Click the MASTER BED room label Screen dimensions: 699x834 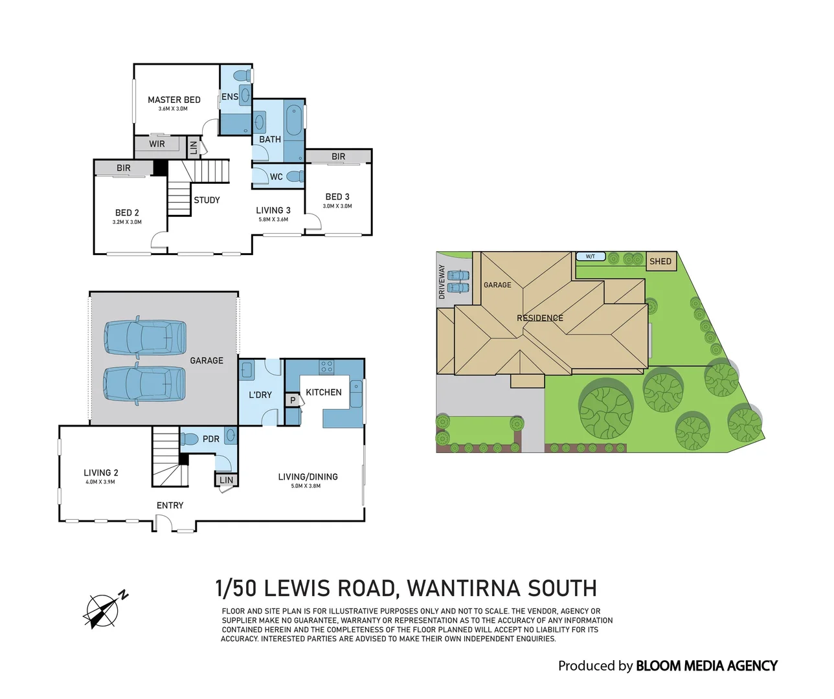click(x=174, y=100)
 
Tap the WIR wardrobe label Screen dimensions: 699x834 click(x=157, y=144)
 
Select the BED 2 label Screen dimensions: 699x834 click(x=127, y=212)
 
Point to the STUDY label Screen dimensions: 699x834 click(x=207, y=200)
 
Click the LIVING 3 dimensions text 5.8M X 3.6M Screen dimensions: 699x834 click(x=273, y=219)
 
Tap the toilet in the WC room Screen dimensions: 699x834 click(x=295, y=176)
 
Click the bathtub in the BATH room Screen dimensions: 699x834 click(x=294, y=120)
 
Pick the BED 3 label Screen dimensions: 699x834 click(x=337, y=197)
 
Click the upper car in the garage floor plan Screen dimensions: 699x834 click(x=145, y=337)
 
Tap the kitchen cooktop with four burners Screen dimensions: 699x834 click(x=326, y=368)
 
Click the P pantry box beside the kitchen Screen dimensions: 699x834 click(x=293, y=401)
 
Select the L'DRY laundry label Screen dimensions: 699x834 click(x=260, y=395)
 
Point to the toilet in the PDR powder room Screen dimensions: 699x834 click(x=190, y=439)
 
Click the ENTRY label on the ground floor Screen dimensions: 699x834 click(x=170, y=505)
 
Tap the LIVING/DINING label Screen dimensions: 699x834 click(x=308, y=477)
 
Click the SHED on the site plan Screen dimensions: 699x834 click(x=660, y=261)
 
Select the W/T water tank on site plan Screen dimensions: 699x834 click(x=591, y=257)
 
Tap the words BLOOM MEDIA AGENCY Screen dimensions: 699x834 click(x=706, y=666)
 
